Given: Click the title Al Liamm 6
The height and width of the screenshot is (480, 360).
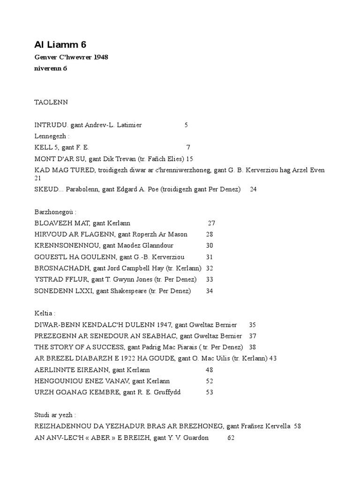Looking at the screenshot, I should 60,45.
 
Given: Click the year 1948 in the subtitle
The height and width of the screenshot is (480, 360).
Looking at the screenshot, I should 101,57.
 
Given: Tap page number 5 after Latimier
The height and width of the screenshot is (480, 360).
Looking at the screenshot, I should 186,125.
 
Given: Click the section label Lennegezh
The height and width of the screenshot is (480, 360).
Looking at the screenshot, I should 52,136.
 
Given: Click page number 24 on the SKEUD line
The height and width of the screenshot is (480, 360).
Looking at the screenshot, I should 253,189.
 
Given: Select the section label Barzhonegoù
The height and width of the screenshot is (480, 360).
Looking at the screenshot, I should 55,212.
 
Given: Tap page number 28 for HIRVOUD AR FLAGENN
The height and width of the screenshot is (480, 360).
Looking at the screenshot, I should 209,234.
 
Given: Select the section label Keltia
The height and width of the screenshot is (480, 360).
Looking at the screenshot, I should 45,313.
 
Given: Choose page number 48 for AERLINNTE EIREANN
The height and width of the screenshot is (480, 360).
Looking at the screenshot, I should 209,369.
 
